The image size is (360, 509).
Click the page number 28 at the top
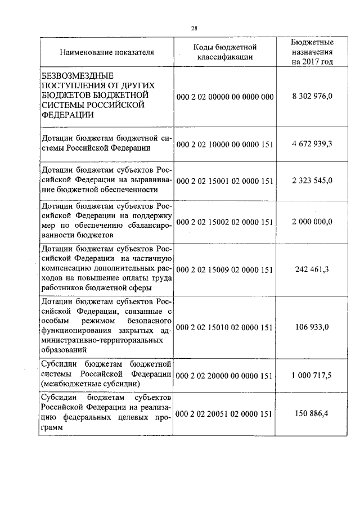coord(194,28)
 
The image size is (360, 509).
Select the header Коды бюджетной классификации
coord(224,52)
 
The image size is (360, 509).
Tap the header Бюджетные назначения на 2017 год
coord(312,52)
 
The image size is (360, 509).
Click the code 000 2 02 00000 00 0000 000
coord(224,97)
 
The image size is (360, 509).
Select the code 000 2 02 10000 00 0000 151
coord(224,144)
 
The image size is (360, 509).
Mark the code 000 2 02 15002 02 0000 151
coord(224,222)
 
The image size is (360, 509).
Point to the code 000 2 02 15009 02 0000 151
coord(224,269)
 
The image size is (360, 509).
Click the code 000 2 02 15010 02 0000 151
coord(224,327)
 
